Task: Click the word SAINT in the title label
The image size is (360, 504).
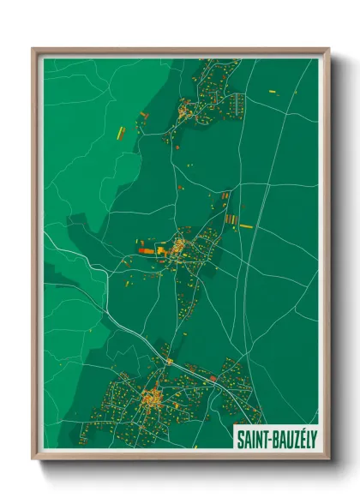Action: click(252, 439)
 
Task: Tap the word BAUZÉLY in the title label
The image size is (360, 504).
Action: click(292, 439)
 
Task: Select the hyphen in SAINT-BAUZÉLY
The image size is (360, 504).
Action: click(268, 440)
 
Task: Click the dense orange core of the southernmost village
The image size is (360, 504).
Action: click(153, 398)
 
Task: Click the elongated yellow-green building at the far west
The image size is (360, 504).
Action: click(121, 133)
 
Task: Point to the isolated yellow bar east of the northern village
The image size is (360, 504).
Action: click(273, 92)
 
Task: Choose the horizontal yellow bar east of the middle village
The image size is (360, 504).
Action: click(246, 226)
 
